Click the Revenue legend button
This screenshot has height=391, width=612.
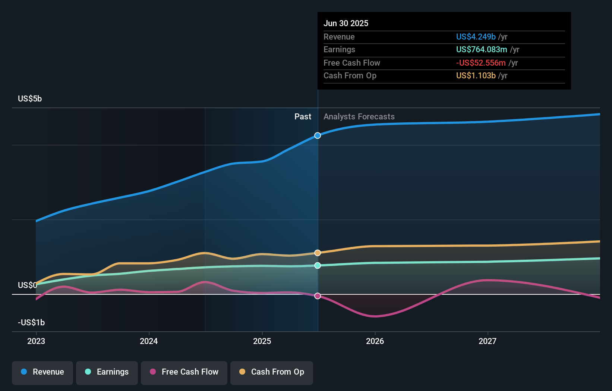click(x=42, y=372)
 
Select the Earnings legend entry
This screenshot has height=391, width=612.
click(x=107, y=372)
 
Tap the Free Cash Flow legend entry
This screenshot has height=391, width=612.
click(x=184, y=372)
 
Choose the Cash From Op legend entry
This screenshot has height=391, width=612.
click(x=272, y=372)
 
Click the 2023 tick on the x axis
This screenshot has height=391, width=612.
click(x=36, y=341)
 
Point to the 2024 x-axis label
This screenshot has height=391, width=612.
click(x=149, y=341)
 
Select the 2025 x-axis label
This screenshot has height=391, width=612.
click(x=262, y=341)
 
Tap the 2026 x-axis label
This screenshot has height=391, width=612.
click(x=375, y=341)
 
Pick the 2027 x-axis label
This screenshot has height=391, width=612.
click(x=488, y=341)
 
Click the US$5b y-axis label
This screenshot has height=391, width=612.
click(x=30, y=99)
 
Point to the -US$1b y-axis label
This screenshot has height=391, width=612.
click(x=31, y=323)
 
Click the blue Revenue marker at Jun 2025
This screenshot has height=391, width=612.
click(x=318, y=135)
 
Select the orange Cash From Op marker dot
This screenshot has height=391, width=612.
click(x=318, y=253)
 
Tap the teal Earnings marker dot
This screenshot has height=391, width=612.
click(x=318, y=266)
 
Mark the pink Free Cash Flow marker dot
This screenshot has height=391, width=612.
click(x=318, y=296)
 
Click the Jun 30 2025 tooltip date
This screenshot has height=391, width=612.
click(x=346, y=24)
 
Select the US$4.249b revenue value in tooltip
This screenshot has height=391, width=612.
click(x=476, y=37)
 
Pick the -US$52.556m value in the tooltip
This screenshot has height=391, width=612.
click(x=481, y=63)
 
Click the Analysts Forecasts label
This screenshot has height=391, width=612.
click(x=359, y=117)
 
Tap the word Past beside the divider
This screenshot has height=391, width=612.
click(x=303, y=117)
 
